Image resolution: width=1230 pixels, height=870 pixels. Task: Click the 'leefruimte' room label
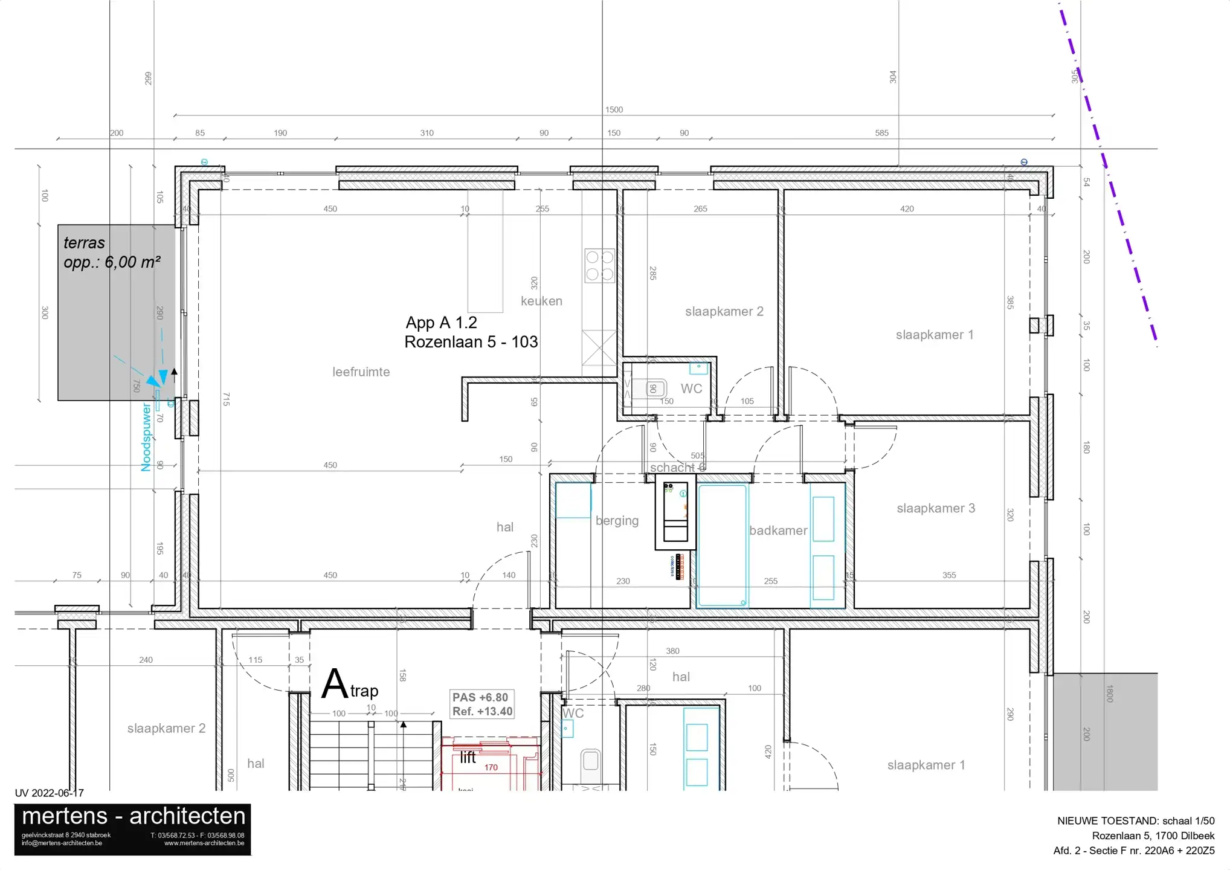[361, 372]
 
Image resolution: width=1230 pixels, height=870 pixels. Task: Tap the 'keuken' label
[541, 301]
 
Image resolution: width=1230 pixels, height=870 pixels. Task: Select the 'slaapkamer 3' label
[935, 508]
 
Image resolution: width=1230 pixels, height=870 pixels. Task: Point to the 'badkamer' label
[778, 530]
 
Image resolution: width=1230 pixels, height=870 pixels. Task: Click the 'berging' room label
[617, 520]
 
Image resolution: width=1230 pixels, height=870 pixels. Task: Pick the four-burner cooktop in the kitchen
[599, 266]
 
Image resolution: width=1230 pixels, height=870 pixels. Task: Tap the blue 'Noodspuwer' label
[146, 438]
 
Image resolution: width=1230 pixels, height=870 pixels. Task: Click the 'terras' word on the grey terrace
[84, 243]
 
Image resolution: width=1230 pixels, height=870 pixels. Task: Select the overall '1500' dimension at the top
[614, 109]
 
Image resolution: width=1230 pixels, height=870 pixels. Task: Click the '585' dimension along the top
[881, 133]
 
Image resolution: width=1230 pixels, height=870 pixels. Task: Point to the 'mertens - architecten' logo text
[134, 816]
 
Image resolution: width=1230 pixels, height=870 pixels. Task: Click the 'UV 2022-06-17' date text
[50, 793]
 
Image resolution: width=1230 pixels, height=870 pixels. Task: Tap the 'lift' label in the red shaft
[468, 758]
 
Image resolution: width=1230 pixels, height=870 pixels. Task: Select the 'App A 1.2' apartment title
[441, 323]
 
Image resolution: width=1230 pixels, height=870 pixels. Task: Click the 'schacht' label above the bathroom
[672, 468]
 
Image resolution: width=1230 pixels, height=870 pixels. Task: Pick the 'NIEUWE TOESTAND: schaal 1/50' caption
[1135, 820]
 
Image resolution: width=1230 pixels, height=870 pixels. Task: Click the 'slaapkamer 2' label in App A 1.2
[724, 311]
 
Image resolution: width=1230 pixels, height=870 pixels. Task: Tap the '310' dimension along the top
[427, 133]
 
